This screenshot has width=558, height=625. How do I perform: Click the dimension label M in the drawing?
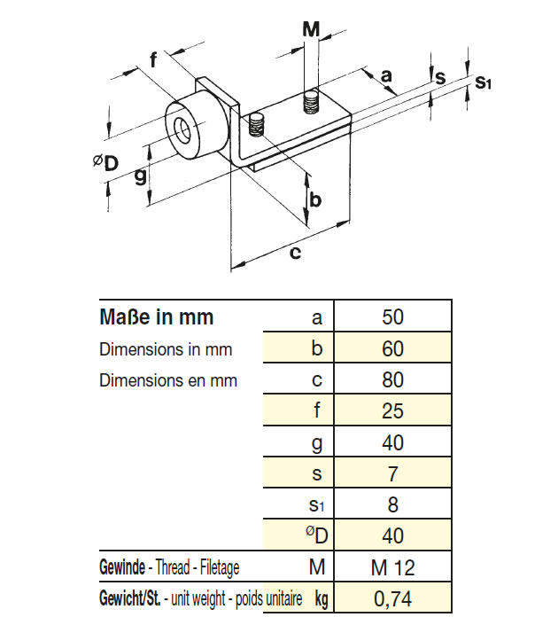click(311, 29)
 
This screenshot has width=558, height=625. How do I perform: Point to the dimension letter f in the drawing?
click(153, 59)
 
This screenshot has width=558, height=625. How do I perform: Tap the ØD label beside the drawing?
click(106, 162)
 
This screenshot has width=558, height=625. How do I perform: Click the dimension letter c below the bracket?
click(295, 254)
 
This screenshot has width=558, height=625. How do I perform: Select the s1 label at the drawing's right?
click(483, 82)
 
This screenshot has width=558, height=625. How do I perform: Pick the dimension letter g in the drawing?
click(140, 176)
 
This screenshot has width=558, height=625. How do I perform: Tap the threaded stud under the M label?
click(311, 102)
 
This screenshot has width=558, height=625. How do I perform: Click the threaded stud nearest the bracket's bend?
click(256, 125)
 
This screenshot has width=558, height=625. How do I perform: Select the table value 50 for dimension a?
click(392, 316)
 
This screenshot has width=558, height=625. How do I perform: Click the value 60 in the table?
click(392, 348)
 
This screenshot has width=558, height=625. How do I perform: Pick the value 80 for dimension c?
click(392, 379)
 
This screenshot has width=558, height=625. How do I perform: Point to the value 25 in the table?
click(392, 411)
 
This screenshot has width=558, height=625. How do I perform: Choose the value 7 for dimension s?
click(392, 473)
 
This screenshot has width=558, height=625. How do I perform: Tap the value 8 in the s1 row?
click(392, 504)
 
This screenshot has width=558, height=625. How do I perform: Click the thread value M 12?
click(392, 567)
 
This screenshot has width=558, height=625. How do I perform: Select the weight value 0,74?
click(392, 598)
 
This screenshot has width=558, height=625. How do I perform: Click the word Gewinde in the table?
click(122, 567)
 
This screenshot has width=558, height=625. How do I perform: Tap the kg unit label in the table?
click(321, 599)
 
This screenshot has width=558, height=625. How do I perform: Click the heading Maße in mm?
click(157, 316)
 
